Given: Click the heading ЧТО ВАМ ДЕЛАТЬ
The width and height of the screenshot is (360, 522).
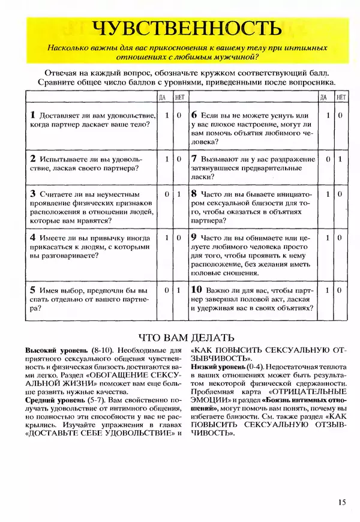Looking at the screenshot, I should tap(187, 337).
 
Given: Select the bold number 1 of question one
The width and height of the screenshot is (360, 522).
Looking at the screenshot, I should tap(32, 114).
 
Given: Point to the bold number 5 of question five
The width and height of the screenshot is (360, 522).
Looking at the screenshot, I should tap(32, 289).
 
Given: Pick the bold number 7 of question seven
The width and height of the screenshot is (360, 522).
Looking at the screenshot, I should tap(194, 159).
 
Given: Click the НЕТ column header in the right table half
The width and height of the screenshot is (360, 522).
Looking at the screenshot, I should tap(340, 97).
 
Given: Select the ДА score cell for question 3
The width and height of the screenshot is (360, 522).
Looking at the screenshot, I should tap(167, 194).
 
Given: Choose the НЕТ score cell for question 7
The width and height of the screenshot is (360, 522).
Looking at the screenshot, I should tap(340, 159).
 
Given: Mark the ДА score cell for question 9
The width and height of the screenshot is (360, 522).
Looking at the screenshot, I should tap(328, 238).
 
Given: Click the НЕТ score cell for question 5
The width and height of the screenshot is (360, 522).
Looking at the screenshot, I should tap(179, 290).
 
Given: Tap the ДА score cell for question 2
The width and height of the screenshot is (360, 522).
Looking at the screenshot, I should tap(167, 159).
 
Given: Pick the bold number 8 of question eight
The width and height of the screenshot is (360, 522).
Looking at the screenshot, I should tap(194, 194).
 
